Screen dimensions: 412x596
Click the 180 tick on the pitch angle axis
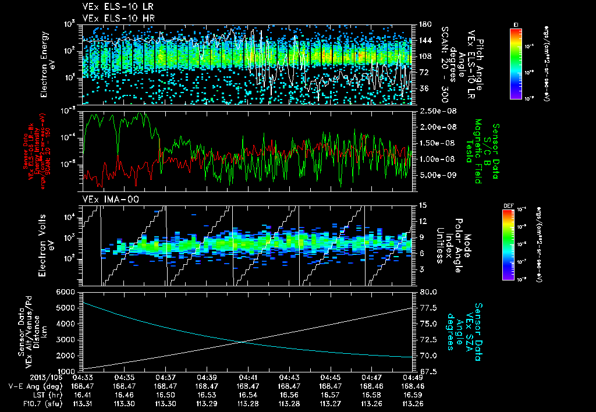(424, 24)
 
